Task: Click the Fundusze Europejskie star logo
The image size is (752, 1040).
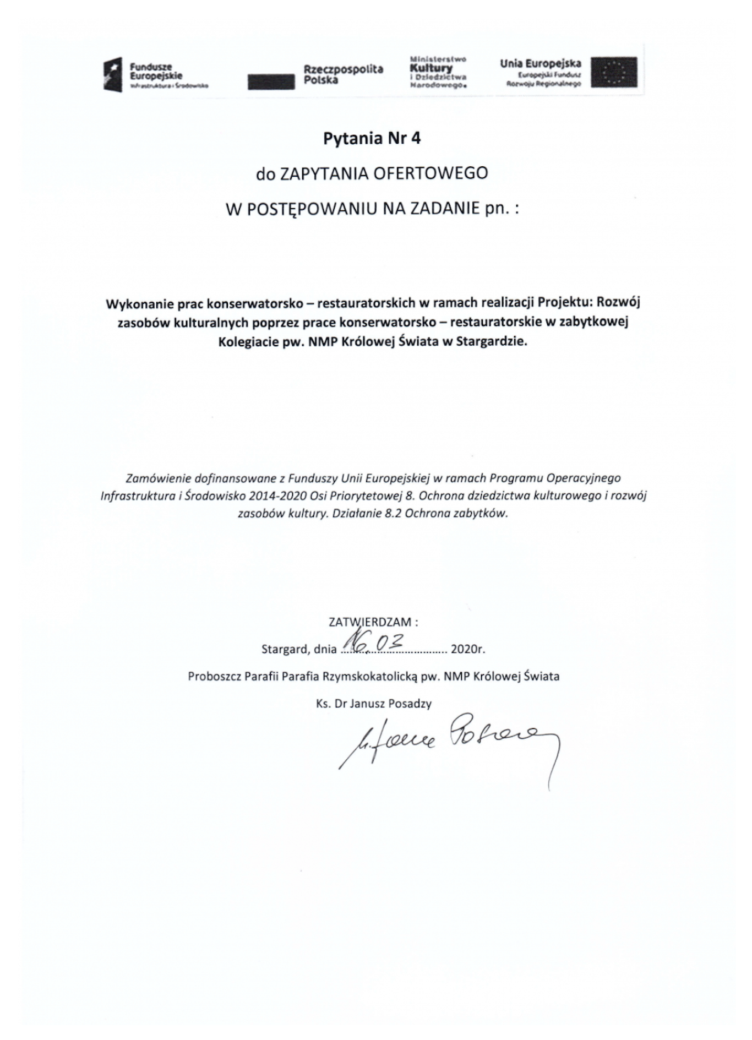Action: tap(113, 75)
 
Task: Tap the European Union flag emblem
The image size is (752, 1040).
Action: tap(614, 72)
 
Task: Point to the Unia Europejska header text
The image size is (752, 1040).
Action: tap(540, 63)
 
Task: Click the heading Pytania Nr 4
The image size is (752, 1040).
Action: tap(372, 138)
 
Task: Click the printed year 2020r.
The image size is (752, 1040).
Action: tap(467, 649)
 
